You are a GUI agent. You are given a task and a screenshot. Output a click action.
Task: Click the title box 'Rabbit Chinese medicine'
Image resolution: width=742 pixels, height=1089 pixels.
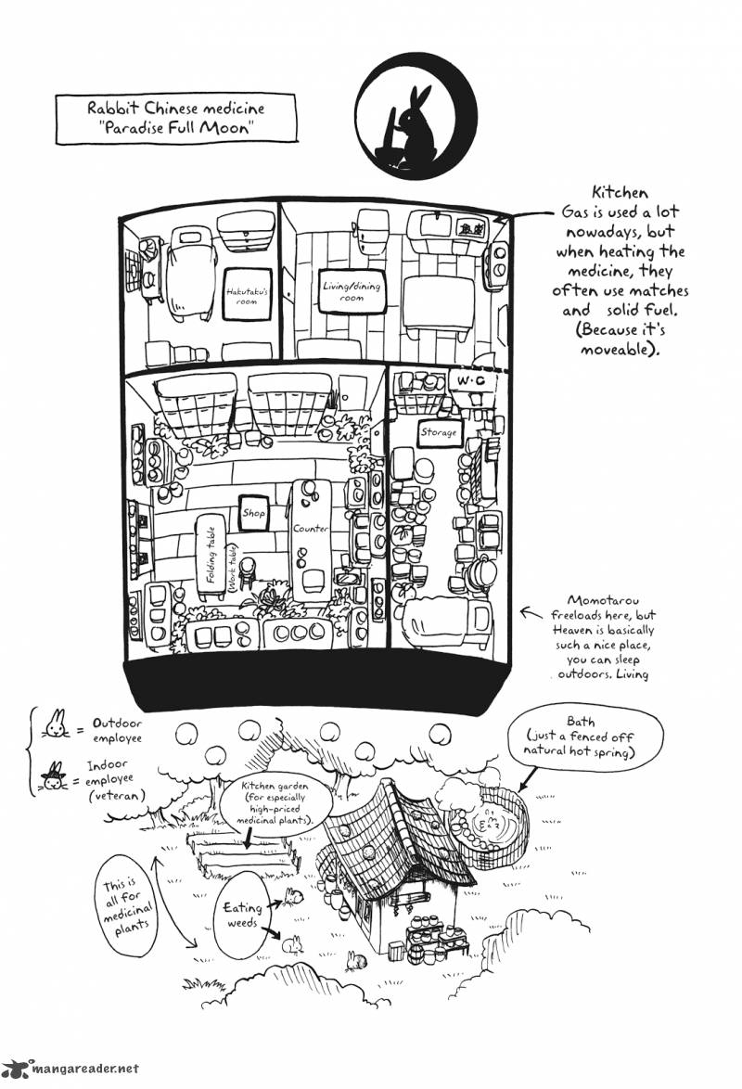coord(176,119)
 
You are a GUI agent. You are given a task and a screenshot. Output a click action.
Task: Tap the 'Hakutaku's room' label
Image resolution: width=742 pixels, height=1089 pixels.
coord(247,294)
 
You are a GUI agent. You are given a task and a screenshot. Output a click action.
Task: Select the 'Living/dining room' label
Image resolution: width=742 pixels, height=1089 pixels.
coord(352,291)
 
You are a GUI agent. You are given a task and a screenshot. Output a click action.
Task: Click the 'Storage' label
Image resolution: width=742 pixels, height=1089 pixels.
coord(439,432)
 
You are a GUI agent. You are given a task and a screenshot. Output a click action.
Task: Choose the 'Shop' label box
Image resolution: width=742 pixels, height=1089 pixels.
coord(253,513)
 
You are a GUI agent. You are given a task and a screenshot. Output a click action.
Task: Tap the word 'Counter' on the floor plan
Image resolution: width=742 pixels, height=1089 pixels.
coord(311,528)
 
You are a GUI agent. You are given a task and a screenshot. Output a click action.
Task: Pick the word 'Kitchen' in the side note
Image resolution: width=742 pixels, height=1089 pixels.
coord(620,192)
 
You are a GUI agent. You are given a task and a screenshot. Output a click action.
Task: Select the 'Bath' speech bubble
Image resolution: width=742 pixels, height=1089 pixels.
coord(585,737)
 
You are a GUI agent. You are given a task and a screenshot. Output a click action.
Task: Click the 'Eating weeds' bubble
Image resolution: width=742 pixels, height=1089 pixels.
coord(241,915)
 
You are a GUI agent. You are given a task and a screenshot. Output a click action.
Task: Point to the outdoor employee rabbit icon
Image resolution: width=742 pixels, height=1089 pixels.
coord(57,724)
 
